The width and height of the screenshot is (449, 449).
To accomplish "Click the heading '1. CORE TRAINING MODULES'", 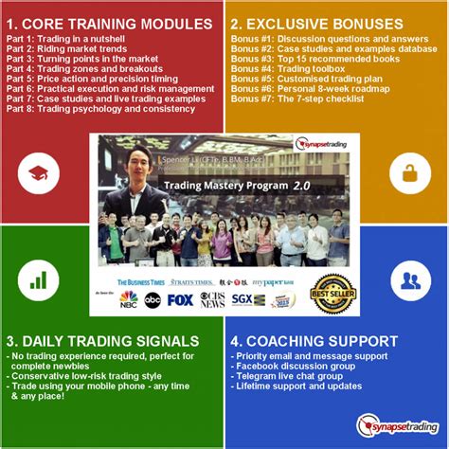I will click(109, 23).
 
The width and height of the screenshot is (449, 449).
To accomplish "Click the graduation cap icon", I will click(39, 173).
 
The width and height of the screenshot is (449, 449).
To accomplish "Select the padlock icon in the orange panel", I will click(410, 173).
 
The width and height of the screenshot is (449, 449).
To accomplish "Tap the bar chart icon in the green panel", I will click(39, 280).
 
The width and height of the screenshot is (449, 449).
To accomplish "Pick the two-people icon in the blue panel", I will click(410, 280).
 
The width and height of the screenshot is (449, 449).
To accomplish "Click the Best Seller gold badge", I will click(332, 294).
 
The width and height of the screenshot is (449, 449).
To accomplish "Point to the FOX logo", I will click(180, 300).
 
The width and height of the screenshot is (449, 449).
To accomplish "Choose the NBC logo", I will click(128, 300).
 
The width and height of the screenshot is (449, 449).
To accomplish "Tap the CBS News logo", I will click(213, 300).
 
